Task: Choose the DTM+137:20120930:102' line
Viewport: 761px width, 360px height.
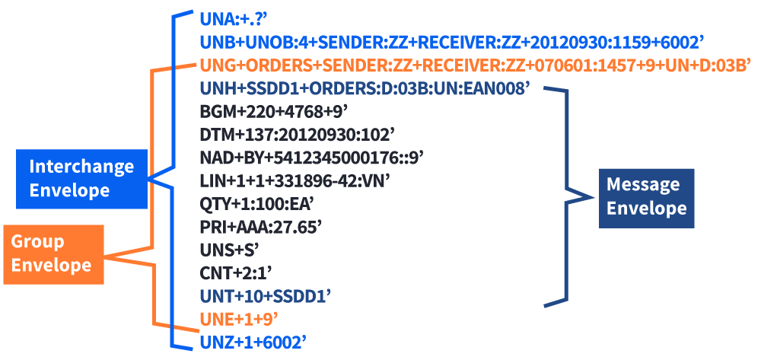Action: [x=297, y=135]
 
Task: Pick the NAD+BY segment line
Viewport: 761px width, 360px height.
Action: [x=311, y=158]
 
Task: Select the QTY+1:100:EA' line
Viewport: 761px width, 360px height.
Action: [x=256, y=204]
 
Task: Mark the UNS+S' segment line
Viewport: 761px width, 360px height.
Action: [x=230, y=249]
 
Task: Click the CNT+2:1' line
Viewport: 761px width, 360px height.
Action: [x=236, y=272]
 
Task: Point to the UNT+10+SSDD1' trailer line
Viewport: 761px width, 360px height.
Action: [x=266, y=295]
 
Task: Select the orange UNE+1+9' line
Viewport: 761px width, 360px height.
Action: [x=238, y=317]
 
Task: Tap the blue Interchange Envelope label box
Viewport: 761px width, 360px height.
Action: [x=81, y=178]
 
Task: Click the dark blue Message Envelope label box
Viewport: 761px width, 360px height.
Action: [x=646, y=197]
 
